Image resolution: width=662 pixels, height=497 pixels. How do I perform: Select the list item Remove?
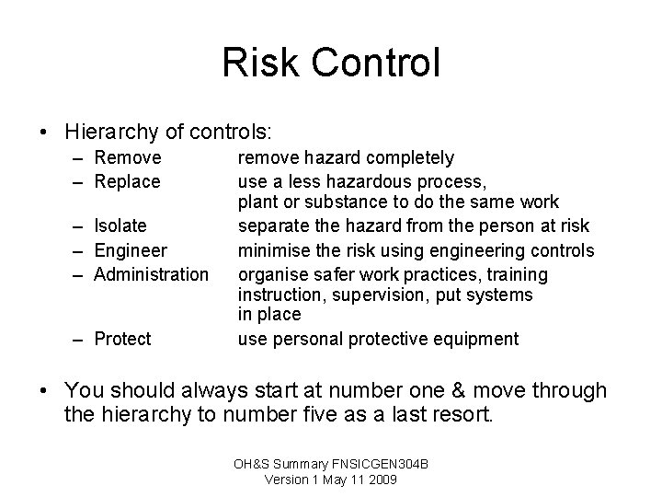[128, 158]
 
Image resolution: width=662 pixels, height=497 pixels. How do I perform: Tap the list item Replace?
[128, 181]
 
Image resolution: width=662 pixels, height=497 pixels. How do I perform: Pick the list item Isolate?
[120, 226]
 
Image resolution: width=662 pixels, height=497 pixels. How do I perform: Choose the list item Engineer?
[131, 250]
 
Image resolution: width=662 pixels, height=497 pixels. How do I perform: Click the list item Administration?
[152, 273]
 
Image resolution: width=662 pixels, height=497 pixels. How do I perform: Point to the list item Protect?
[123, 340]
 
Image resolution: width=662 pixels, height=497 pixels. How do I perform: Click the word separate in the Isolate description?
[272, 226]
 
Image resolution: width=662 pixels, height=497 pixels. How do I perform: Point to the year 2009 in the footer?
[381, 480]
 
